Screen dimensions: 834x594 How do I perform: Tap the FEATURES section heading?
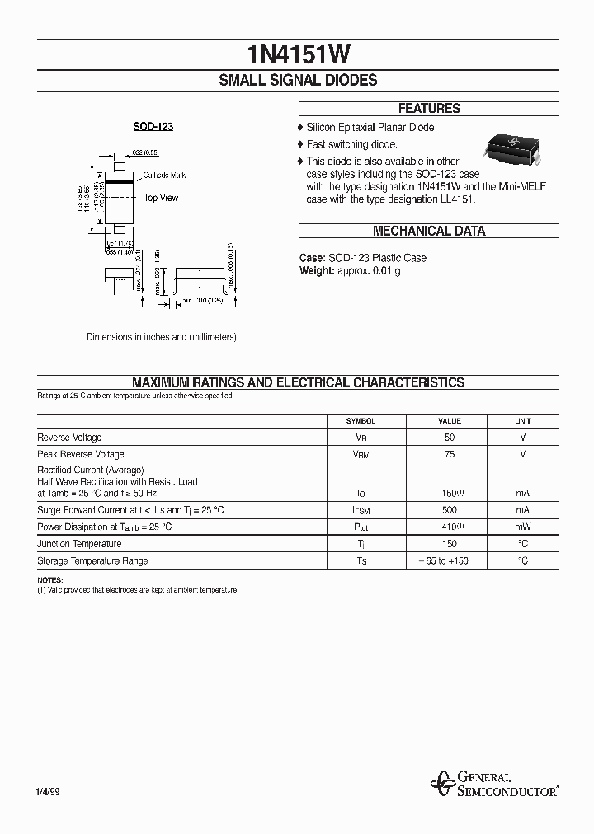pyautogui.click(x=429, y=108)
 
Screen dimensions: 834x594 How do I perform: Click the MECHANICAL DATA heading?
pyautogui.click(x=429, y=232)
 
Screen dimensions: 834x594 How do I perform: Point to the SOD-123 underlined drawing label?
pyautogui.click(x=153, y=127)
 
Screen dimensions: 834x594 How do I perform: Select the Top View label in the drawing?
pyautogui.click(x=161, y=198)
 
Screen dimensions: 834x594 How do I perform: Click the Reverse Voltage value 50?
pyautogui.click(x=450, y=438)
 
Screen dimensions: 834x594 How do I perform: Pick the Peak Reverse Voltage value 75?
pyautogui.click(x=450, y=455)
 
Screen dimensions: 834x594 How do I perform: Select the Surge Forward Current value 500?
pyautogui.click(x=450, y=510)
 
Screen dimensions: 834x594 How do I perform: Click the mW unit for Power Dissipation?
pyautogui.click(x=523, y=527)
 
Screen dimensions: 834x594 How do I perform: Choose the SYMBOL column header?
pyautogui.click(x=361, y=421)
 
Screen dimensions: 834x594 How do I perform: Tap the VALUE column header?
pyautogui.click(x=450, y=421)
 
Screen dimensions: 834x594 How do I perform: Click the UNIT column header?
pyautogui.click(x=523, y=421)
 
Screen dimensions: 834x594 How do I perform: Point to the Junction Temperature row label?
pyautogui.click(x=79, y=544)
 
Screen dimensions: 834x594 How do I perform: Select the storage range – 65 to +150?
pyautogui.click(x=450, y=561)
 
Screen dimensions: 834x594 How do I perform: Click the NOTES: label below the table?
pyautogui.click(x=49, y=581)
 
